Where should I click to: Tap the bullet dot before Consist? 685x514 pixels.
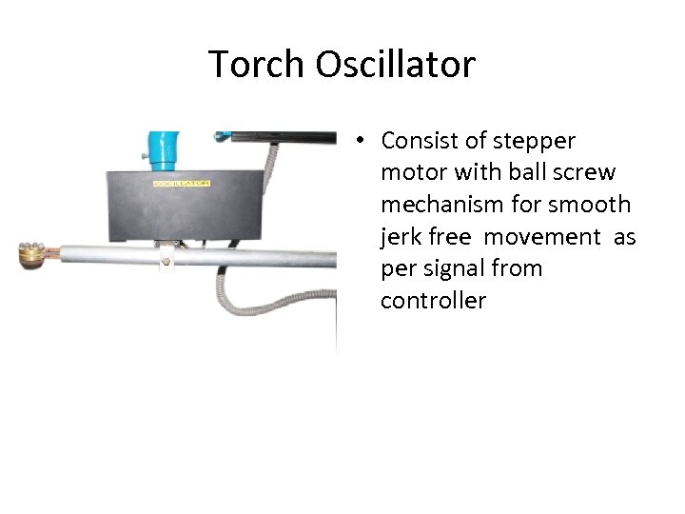click(363, 142)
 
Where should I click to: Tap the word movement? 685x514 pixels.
click(542, 237)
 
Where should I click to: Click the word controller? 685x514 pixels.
click(433, 301)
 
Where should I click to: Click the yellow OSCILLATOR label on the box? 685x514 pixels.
click(181, 182)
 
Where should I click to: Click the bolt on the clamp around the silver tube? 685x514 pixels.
click(166, 259)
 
